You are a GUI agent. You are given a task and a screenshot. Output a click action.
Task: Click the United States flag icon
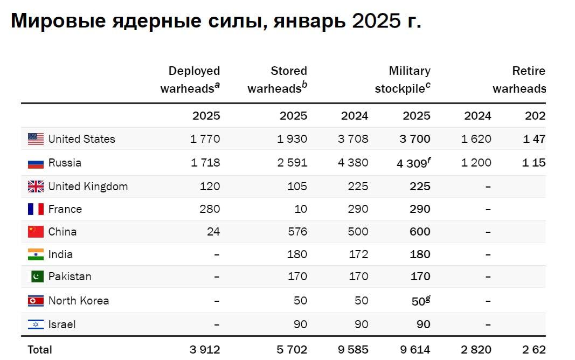(36, 139)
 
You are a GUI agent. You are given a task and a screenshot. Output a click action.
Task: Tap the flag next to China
(36, 232)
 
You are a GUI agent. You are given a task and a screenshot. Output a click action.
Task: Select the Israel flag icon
(36, 324)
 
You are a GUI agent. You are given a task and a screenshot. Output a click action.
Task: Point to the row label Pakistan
(70, 276)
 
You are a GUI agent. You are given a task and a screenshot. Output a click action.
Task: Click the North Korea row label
(78, 301)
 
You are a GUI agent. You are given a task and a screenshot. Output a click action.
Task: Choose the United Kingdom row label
(88, 186)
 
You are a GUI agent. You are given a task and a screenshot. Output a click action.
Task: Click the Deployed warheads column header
(191, 80)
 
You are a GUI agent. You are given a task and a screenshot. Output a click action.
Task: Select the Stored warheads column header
(278, 80)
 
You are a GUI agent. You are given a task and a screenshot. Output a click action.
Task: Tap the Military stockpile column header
(403, 80)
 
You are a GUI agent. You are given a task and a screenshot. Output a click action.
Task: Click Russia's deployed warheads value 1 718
(205, 163)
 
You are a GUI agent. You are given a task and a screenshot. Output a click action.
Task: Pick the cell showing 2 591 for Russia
(292, 163)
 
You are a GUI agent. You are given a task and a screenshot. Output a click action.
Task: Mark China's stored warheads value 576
(297, 232)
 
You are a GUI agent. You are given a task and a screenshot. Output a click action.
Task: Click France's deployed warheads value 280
(210, 209)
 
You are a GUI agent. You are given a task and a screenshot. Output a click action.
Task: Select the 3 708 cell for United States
(353, 139)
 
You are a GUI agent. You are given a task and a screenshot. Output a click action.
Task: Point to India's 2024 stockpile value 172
(358, 254)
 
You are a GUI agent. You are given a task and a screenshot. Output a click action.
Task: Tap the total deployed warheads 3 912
(205, 349)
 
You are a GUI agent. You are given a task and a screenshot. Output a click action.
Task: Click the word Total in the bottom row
(40, 349)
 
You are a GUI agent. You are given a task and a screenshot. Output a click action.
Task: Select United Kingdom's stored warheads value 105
(297, 186)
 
